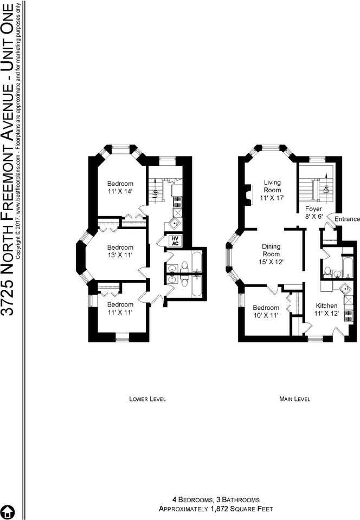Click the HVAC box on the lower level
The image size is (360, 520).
coord(176,240)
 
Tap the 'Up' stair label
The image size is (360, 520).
coord(155,193)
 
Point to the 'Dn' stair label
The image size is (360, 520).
coord(326,188)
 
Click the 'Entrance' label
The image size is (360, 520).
coord(347,219)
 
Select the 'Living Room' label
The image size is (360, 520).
coord(272,186)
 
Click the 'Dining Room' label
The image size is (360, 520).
coord(272,250)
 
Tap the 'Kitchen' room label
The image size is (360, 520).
coord(326,305)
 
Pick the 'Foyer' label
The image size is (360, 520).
coord(313,209)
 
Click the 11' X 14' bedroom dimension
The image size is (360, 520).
coord(120,191)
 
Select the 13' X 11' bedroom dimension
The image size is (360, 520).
coord(120,255)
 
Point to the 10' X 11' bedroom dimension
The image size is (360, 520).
coord(266,315)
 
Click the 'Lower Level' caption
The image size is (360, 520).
coord(147,399)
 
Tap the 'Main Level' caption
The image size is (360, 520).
coord(294,399)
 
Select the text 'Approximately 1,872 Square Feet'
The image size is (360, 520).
coord(216,509)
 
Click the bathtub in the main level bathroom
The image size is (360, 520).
coord(348,267)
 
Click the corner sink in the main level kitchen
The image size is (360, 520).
coord(346,289)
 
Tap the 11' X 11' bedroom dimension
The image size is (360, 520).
coord(120,312)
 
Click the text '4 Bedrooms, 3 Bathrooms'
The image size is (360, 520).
coord(216,500)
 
